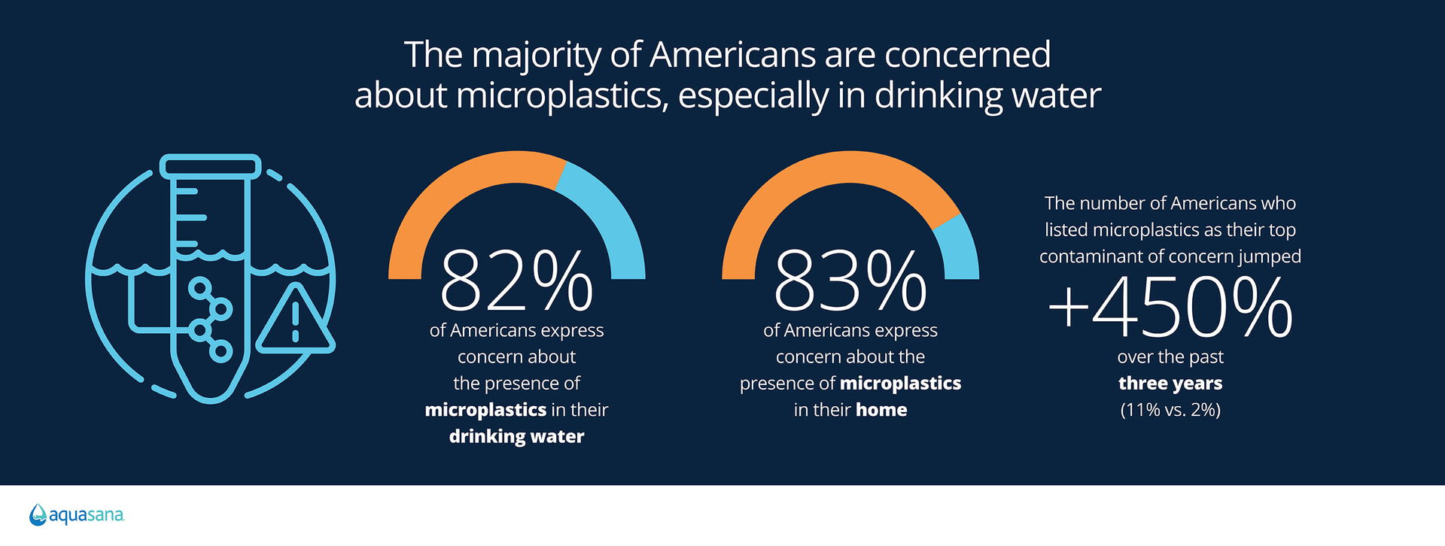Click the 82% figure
coord(516,281)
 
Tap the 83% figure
coord(850,281)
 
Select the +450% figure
coord(1170,307)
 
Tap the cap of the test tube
coord(211,167)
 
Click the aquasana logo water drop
coord(38,514)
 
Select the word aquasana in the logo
coord(87,516)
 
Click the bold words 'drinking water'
coord(516,437)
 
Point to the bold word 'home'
coord(881,410)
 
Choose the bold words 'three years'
coord(1170,384)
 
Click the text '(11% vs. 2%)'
coord(1170,410)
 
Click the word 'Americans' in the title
coord(732,55)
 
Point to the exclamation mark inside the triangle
coord(295,322)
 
